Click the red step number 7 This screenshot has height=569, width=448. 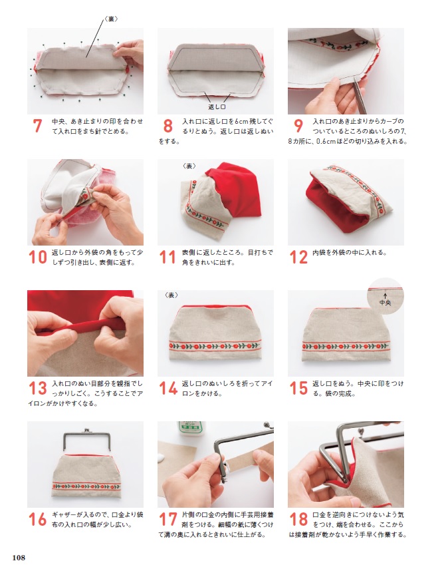tap(37, 126)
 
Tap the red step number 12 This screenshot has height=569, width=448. tap(298, 258)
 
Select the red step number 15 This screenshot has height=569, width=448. tap(298, 388)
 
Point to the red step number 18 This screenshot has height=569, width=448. tap(298, 520)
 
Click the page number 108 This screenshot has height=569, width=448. tap(19, 558)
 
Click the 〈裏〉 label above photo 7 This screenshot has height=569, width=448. tap(111, 19)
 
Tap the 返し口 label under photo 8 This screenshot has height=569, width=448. tap(217, 106)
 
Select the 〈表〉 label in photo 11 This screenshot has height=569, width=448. tap(189, 166)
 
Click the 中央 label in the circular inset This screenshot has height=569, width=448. tap(385, 302)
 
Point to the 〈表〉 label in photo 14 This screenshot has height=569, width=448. tap(171, 295)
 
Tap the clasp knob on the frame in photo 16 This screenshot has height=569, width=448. tap(86, 430)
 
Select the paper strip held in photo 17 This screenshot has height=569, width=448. tap(247, 459)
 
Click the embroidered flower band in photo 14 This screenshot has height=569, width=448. tap(215, 346)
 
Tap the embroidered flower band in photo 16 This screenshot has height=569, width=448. tap(86, 486)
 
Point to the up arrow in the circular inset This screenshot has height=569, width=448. tap(385, 295)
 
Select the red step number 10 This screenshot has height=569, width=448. tap(38, 258)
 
